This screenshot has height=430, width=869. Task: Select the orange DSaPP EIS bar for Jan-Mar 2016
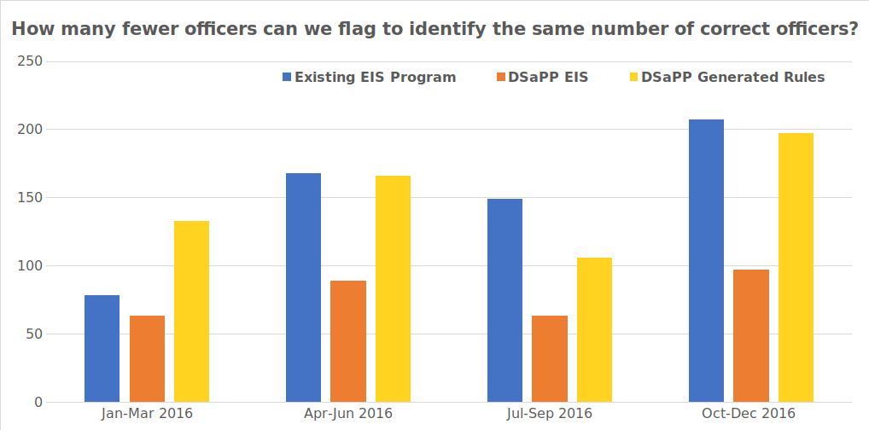coord(147,358)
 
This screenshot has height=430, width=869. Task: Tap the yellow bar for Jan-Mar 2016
coord(191,311)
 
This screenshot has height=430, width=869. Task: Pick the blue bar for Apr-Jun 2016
coord(303,288)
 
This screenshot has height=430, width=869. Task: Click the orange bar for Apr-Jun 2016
coord(348,341)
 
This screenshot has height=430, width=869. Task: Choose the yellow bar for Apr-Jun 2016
coord(393,288)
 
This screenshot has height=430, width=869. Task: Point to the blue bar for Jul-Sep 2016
coord(504,300)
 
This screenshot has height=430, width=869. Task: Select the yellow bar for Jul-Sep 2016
coord(594,329)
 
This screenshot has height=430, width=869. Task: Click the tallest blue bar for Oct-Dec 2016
coord(706,260)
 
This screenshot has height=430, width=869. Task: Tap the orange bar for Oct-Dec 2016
coord(751,335)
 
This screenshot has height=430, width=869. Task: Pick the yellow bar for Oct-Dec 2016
coord(796,267)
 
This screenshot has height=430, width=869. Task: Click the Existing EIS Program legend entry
coord(369,77)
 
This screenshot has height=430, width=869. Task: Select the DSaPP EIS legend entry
coord(541,77)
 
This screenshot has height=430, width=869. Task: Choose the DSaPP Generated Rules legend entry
coord(726,77)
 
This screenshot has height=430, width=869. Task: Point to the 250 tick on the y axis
coord(31,61)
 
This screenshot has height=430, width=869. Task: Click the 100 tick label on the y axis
coord(31,266)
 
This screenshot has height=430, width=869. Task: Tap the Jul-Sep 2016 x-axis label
coord(550,414)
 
